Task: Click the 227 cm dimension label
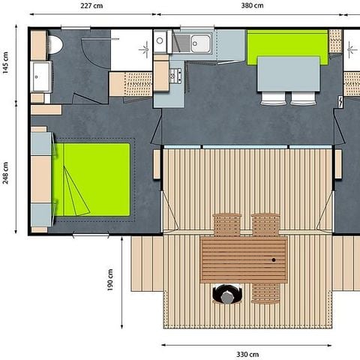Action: (92, 6)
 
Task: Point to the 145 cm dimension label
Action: (6, 68)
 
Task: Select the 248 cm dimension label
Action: (6, 174)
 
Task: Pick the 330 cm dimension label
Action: (247, 354)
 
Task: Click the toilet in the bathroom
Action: (53, 45)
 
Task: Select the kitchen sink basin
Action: (199, 42)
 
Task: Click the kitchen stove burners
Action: (175, 75)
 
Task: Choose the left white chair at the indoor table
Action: (272, 97)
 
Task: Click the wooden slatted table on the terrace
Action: (244, 259)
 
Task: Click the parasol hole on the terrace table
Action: (274, 259)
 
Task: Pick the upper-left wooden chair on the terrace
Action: (226, 224)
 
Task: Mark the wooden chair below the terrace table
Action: (265, 293)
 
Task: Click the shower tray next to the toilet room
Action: (131, 49)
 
